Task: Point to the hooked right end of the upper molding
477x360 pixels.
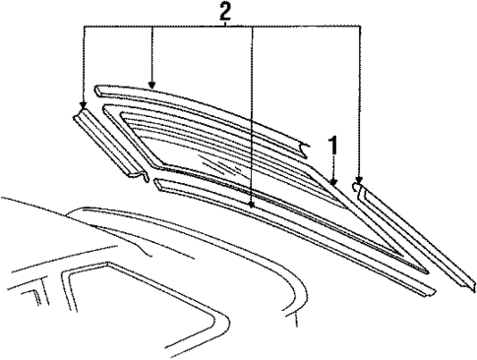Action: [x=308, y=148]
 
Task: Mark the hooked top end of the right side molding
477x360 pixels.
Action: [x=361, y=187]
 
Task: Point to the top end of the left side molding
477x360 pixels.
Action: [x=81, y=109]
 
